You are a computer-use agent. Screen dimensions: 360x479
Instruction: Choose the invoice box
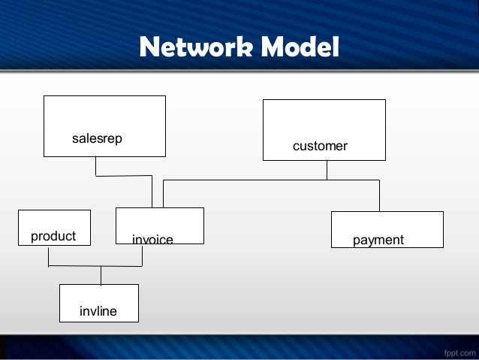pyautogui.click(x=159, y=222)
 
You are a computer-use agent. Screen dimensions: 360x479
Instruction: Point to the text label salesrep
pyautogui.click(x=97, y=138)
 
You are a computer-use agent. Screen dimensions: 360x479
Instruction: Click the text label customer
pyautogui.click(x=320, y=146)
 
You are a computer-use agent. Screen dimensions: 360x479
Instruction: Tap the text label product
pyautogui.click(x=53, y=236)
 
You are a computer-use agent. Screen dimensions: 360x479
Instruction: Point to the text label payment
pyautogui.click(x=378, y=240)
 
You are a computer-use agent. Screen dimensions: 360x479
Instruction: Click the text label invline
pyautogui.click(x=98, y=310)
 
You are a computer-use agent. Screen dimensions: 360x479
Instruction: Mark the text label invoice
pyautogui.click(x=152, y=240)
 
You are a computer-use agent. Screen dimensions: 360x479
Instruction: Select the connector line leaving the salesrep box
pyautogui.click(x=95, y=166)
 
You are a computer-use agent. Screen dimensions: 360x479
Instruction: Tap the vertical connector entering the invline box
pyautogui.click(x=101, y=275)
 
